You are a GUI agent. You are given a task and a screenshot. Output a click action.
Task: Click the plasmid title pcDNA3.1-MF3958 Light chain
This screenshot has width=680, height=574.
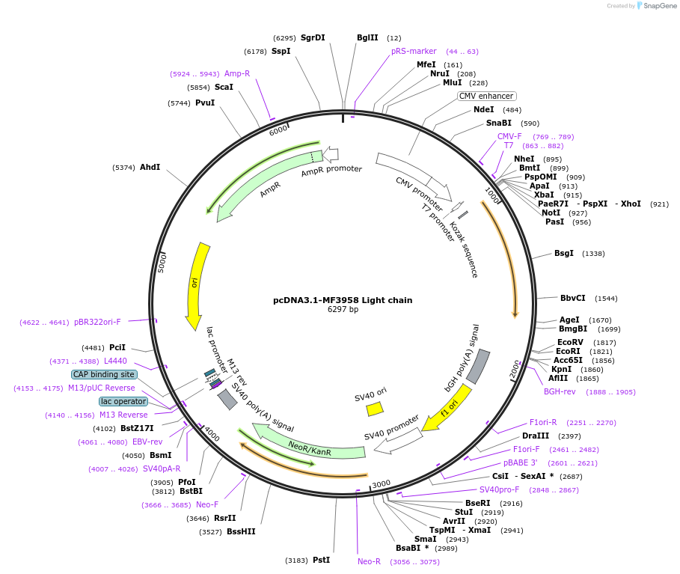[x=342, y=300]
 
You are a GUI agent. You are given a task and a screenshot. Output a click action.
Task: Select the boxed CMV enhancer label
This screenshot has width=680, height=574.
[x=486, y=96]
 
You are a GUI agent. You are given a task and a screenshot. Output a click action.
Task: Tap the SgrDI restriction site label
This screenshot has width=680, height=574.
[x=313, y=37]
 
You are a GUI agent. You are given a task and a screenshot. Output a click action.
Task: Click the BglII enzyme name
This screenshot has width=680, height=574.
[x=367, y=37]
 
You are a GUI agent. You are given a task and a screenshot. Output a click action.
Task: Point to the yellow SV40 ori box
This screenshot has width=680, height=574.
[x=375, y=409]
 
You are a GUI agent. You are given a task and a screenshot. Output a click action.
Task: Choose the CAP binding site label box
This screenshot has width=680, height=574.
[x=104, y=374]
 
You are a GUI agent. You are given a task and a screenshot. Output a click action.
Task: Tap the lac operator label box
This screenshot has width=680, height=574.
[x=123, y=401]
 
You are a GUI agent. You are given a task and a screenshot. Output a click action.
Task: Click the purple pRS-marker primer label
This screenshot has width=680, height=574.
[x=414, y=51]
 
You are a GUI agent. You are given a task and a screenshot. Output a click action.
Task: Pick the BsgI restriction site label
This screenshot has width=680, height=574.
[x=564, y=253]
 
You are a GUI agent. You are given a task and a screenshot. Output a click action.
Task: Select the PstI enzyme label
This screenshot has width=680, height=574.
[x=321, y=560]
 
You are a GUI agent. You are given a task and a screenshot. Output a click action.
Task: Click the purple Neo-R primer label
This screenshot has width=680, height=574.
[x=369, y=561]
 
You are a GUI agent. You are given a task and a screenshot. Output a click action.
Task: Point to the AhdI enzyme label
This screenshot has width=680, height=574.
[x=150, y=167]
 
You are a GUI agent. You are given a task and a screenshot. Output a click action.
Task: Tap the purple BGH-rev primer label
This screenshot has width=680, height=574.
[x=560, y=391]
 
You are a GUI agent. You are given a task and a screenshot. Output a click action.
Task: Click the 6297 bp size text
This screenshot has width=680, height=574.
[x=343, y=310]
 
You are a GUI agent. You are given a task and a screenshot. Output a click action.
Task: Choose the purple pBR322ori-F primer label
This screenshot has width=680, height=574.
[x=97, y=322]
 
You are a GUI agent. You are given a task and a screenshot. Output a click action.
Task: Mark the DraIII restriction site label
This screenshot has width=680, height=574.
[x=536, y=436]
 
